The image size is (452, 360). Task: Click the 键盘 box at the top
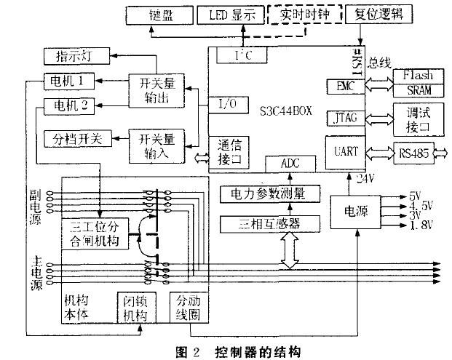click(160, 14)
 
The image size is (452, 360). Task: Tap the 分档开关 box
click(78, 138)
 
